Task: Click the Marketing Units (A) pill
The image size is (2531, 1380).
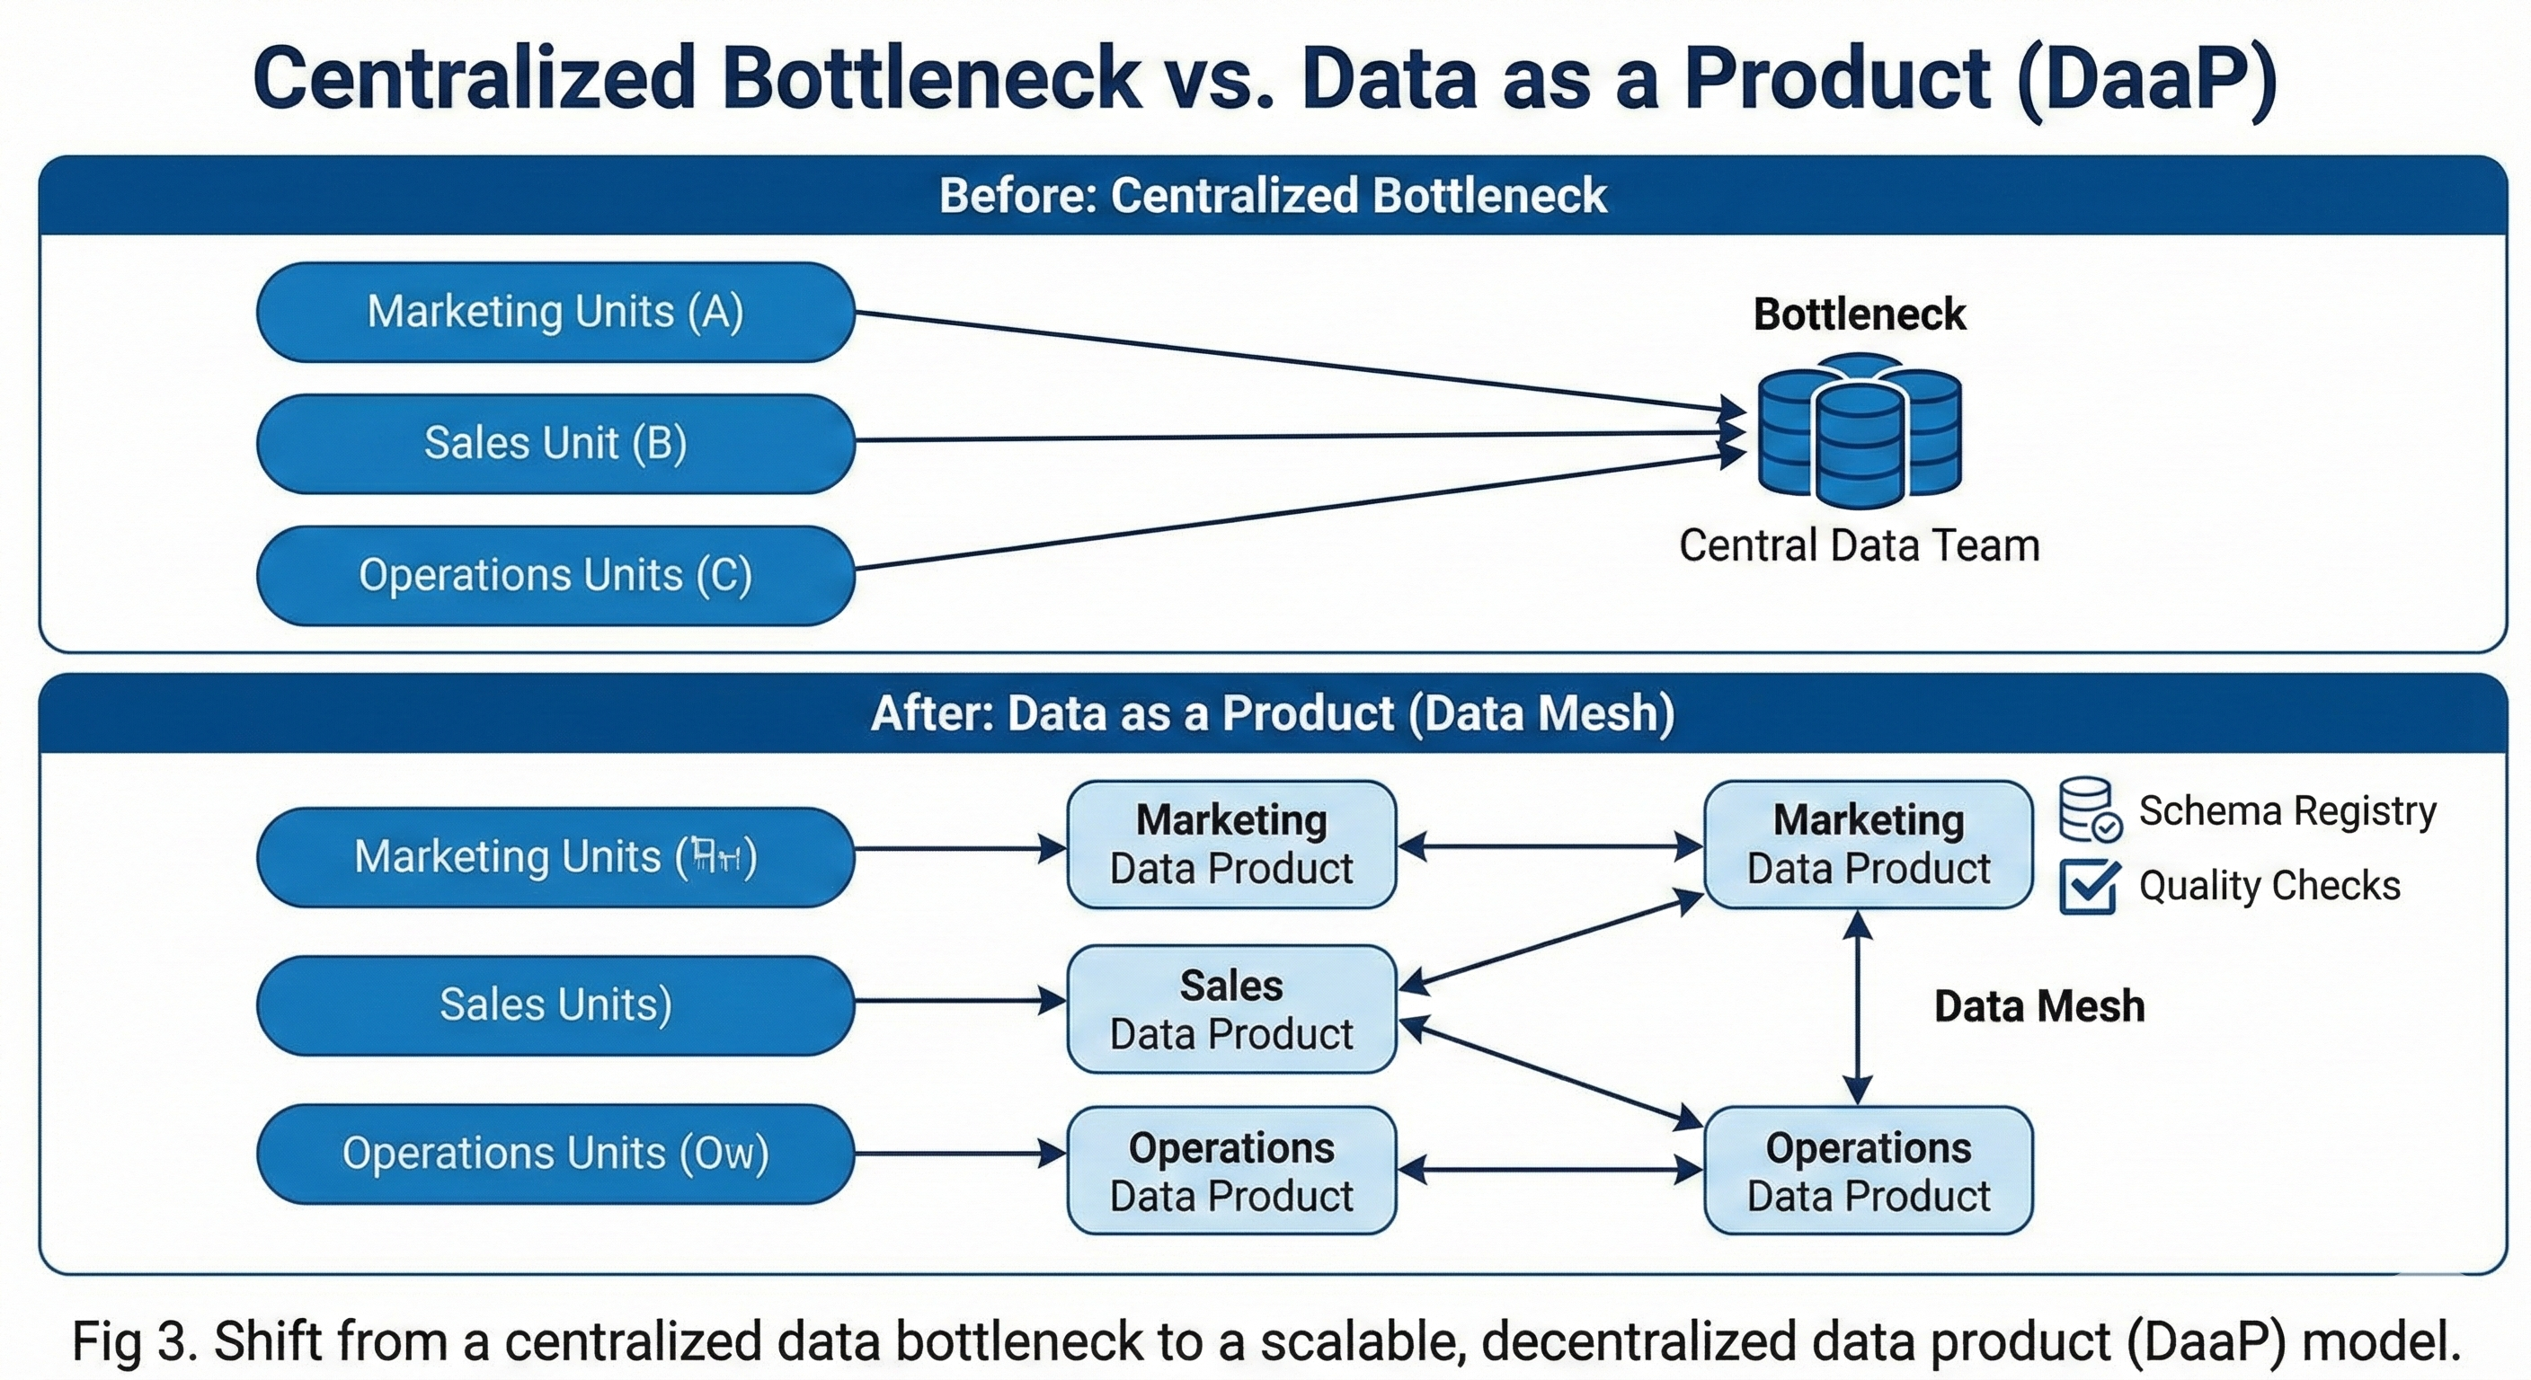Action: coord(555,313)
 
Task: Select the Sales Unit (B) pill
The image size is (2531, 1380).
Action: coord(555,443)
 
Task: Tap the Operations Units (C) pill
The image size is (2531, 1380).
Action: coord(555,575)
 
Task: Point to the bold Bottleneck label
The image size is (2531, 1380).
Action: coord(1859,314)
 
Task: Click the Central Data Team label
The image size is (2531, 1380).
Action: coord(1859,546)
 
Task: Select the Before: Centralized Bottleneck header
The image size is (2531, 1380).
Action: coord(1273,196)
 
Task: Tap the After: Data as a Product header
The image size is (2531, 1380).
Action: coord(1273,713)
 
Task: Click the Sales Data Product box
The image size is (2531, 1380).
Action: coord(1231,1009)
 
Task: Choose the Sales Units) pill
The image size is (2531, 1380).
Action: coord(555,1004)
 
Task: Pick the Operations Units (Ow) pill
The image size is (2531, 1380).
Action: coord(555,1153)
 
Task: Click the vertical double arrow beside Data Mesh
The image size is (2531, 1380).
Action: coord(1856,1008)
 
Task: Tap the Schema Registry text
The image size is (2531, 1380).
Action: coord(2287,811)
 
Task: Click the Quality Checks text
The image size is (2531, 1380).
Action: coord(2269,886)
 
